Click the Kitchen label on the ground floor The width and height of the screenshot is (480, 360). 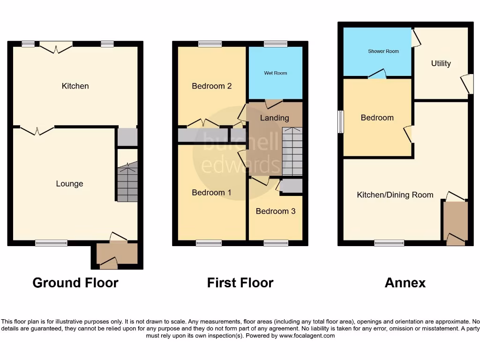click(x=75, y=86)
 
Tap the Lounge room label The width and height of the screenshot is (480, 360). click(x=69, y=184)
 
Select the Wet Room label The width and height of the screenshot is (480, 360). click(x=276, y=73)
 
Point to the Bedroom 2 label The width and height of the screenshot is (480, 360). click(x=212, y=86)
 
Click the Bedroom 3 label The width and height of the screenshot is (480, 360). click(x=276, y=211)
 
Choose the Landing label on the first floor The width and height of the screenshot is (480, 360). click(x=275, y=118)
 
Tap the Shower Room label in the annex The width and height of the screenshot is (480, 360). click(x=383, y=51)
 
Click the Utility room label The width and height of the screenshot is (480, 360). click(x=441, y=63)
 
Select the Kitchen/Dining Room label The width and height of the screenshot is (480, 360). click(x=395, y=195)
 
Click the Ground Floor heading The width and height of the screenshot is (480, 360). click(x=75, y=283)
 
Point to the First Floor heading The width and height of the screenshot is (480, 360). click(x=240, y=283)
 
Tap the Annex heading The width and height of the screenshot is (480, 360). click(x=405, y=283)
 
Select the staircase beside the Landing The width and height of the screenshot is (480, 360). click(x=292, y=151)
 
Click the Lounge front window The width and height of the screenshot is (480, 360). click(x=51, y=243)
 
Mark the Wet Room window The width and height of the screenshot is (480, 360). click(x=276, y=44)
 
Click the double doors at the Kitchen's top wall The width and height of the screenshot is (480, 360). click(x=56, y=45)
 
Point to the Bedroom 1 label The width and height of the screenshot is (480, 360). click(x=212, y=192)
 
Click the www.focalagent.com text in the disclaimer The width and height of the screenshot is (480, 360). click(x=307, y=336)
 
